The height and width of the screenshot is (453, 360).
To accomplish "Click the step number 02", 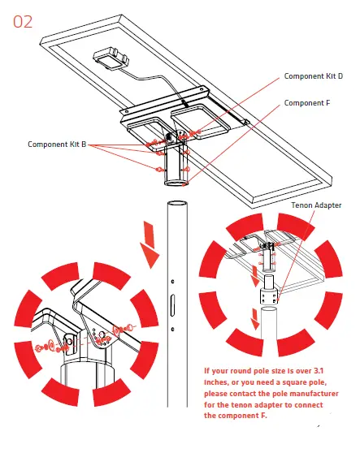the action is click(23, 22).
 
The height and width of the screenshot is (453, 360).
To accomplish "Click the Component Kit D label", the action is click(314, 76).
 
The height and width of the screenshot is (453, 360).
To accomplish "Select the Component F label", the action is click(307, 103).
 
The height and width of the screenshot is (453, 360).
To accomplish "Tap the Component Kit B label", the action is click(57, 145).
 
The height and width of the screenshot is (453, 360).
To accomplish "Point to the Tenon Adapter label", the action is click(316, 205).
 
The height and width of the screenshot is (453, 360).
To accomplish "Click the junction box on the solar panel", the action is click(111, 59).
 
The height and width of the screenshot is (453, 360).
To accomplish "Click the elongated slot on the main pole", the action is click(172, 305).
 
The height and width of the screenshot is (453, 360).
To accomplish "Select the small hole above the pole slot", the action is click(172, 282).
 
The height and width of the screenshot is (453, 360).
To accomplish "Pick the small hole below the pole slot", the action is click(172, 329).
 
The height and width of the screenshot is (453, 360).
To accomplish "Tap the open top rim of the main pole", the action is click(177, 203).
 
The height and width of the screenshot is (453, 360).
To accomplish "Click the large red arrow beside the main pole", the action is click(150, 244).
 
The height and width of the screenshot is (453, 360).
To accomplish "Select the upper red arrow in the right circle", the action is click(255, 276).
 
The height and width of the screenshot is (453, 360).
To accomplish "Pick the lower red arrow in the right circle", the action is click(255, 319).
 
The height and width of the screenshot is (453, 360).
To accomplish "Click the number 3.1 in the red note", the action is click(318, 371).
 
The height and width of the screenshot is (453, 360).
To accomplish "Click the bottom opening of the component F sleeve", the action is click(176, 183).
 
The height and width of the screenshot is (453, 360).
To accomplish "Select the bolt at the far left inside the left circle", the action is click(38, 347).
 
